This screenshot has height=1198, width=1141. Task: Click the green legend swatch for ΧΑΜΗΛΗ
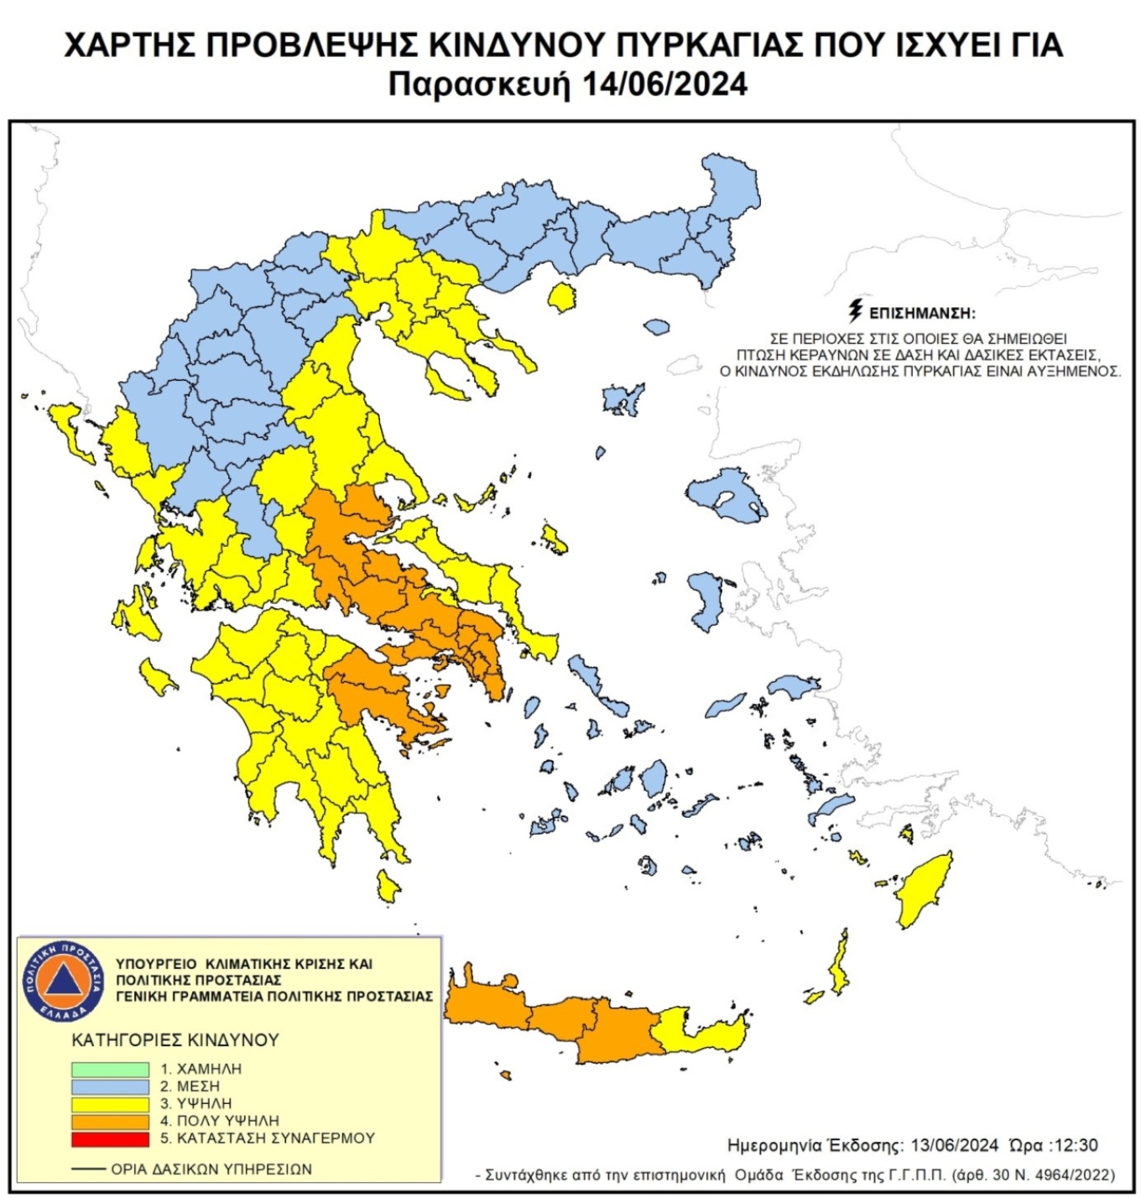tap(110, 1069)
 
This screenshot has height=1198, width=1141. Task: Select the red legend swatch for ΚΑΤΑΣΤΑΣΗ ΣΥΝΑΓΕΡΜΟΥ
tap(110, 1138)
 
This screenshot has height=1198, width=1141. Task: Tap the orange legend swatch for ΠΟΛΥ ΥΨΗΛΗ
tap(110, 1121)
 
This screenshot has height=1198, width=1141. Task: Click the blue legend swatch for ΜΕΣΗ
tap(110, 1086)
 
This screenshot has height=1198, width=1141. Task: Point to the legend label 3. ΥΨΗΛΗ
tap(195, 1104)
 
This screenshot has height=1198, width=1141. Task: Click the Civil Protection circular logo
tap(63, 982)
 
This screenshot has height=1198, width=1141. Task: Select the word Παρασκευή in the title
tap(477, 85)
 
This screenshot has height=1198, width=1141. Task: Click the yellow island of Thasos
tap(561, 296)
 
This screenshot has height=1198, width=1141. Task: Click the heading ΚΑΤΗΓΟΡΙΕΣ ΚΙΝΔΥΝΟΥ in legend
tap(175, 1039)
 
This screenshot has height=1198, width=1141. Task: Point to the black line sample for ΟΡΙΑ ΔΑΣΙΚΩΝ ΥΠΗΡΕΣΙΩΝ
tap(88, 1169)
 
